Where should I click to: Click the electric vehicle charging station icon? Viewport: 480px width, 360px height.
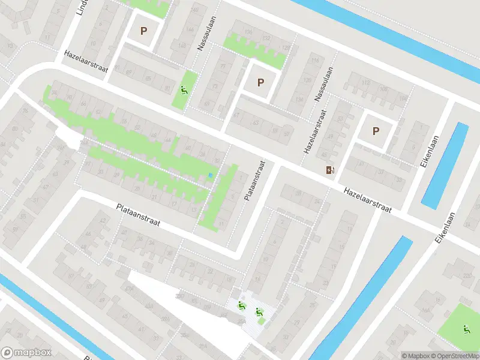click(329, 170)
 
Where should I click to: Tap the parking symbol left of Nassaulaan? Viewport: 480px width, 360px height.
click(143, 31)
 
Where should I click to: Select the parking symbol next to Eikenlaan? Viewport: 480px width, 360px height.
click(376, 131)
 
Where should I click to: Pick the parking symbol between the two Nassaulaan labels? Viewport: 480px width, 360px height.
click(260, 83)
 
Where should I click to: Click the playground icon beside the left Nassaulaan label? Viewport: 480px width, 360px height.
click(184, 91)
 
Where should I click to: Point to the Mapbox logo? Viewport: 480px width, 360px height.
click(26, 353)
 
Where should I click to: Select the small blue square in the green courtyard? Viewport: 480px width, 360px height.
click(209, 175)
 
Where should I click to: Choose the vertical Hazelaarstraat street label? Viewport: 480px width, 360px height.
click(316, 132)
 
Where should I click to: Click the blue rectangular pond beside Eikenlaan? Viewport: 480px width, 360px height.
click(444, 165)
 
